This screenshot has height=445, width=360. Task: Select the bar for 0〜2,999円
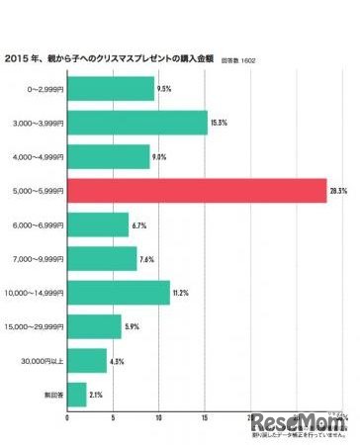110,90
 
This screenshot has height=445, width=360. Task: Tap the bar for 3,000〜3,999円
136,124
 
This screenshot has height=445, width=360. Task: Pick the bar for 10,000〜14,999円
118,293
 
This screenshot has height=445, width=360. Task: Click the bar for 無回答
76,394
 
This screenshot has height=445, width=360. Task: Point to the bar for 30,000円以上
86,360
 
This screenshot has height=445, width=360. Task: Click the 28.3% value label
338,191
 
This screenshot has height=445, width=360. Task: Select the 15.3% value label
219,123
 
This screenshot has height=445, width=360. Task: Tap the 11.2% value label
181,292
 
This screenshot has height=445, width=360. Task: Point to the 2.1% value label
97,394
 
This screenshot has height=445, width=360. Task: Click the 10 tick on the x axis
158,416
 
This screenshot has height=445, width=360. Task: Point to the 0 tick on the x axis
66,416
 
